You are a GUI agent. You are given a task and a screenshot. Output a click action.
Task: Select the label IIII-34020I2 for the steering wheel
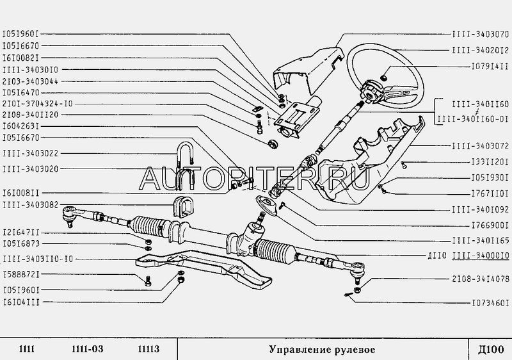(x=479, y=49)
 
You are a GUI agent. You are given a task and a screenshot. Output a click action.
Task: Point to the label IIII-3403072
(x=479, y=146)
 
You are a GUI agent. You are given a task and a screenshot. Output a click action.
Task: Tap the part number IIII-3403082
(x=30, y=204)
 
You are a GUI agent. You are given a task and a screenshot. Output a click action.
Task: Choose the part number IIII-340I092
(x=479, y=209)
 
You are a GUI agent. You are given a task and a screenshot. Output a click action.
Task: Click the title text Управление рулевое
(x=321, y=349)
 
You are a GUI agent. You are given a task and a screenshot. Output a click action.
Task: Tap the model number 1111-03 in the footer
(x=83, y=349)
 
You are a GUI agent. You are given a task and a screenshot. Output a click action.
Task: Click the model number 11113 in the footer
(x=148, y=349)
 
